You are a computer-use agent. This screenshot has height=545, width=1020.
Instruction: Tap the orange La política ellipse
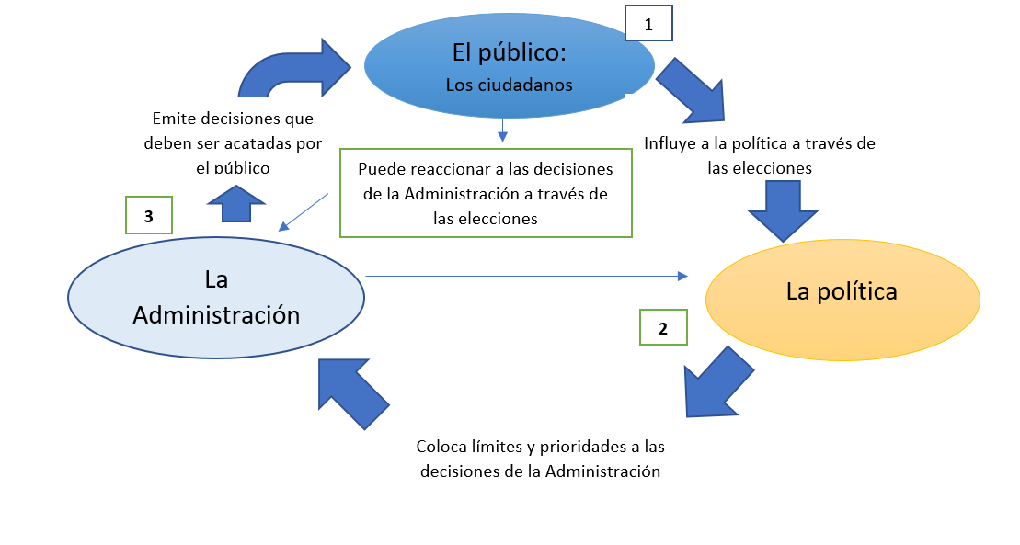point(842,292)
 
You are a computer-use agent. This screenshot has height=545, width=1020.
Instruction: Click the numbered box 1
point(648,25)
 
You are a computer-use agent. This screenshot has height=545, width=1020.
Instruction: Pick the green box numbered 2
point(663,327)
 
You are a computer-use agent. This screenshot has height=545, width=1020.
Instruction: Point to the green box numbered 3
point(148,216)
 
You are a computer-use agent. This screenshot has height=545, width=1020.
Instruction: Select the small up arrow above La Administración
point(238,203)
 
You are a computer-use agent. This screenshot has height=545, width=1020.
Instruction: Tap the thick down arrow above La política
point(783,210)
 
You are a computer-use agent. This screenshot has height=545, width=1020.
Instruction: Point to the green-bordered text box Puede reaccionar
point(486,194)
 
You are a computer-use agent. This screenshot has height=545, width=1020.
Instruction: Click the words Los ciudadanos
point(509,85)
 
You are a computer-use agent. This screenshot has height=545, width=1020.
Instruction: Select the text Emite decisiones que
point(233,119)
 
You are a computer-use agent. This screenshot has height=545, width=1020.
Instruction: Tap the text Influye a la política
point(760,143)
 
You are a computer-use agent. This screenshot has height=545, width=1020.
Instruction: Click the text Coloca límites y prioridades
point(540,448)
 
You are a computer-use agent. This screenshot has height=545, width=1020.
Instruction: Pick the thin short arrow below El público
point(502,130)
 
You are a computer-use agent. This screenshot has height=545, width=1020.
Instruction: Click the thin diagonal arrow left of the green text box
point(304,210)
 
